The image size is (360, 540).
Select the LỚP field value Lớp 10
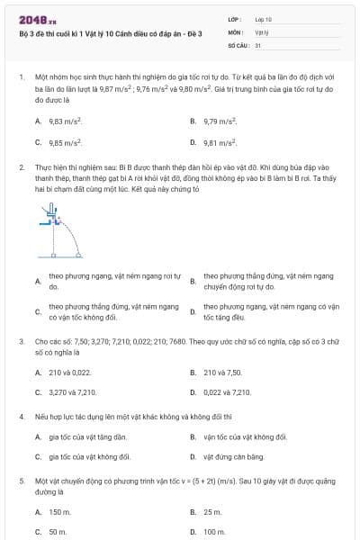pyautogui.click(x=263, y=19)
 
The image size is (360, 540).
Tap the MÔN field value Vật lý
pyautogui.click(x=261, y=31)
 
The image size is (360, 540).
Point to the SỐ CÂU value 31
pyautogui.click(x=258, y=44)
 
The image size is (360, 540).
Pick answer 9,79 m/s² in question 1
pyautogui.click(x=220, y=121)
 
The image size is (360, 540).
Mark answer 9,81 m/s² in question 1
pyautogui.click(x=220, y=142)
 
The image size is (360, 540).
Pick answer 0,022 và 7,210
pyautogui.click(x=228, y=392)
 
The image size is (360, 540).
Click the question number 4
pyautogui.click(x=21, y=418)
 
